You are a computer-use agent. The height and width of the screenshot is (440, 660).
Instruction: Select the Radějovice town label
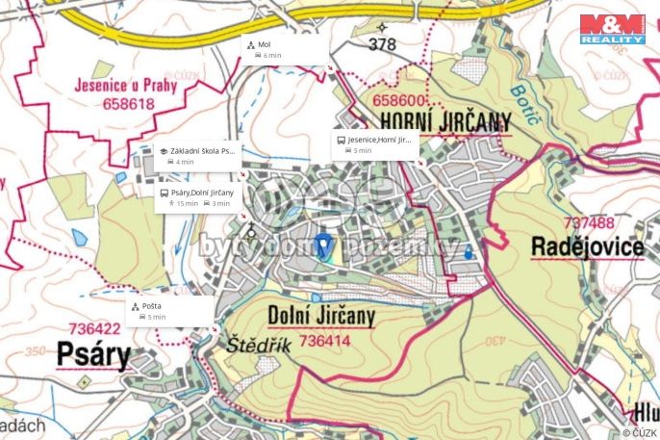pos(587,246)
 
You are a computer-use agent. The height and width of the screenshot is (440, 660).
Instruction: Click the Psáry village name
pos(92,355)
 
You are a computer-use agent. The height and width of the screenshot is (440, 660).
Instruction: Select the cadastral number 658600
pos(399,100)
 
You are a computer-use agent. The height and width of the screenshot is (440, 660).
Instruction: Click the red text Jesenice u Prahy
pos(114,84)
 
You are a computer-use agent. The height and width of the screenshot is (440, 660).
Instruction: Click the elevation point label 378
pos(382,44)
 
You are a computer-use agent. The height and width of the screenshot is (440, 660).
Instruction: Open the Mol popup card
pos(285,50)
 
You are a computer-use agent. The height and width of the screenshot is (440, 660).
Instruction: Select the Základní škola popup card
pos(197,156)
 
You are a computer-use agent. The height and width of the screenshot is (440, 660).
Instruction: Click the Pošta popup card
pos(169,310)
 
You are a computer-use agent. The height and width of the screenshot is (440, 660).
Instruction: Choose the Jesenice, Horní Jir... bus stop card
pos(376,144)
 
